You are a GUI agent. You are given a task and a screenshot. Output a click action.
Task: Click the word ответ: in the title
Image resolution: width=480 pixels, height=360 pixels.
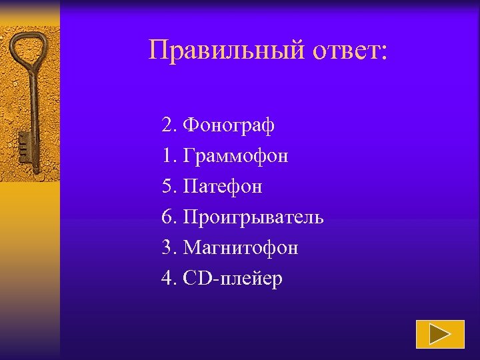coord(346,50)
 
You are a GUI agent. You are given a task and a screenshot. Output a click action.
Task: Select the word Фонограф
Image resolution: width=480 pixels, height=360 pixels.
coord(229,125)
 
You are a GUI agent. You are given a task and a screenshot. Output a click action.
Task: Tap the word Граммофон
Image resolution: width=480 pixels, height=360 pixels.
coord(236,156)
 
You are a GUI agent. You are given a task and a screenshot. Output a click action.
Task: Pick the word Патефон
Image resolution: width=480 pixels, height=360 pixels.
coord(223,187)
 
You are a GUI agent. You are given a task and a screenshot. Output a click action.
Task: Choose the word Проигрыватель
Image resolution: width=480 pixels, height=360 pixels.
coord(253,217)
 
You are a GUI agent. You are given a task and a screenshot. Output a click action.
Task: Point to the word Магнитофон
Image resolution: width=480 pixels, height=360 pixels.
coord(241,248)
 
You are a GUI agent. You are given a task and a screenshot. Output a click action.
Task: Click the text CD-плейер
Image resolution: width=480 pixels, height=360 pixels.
coord(233,279)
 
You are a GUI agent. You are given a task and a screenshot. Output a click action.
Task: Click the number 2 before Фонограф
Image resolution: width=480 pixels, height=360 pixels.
coord(167,125)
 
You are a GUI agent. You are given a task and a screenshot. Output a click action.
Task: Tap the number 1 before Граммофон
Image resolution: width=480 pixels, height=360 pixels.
coord(167,156)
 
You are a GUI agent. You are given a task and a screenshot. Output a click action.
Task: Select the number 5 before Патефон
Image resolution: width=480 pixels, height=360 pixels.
coord(167,187)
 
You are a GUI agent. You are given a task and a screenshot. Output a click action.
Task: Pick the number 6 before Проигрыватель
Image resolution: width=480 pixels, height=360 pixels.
coord(167,217)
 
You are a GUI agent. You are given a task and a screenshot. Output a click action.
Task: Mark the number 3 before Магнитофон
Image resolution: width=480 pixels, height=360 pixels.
coord(167,248)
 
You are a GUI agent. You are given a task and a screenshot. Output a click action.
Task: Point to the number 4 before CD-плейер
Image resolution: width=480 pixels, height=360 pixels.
coord(167,279)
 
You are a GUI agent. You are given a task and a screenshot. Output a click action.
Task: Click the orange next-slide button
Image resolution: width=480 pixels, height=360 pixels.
coord(440,334)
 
